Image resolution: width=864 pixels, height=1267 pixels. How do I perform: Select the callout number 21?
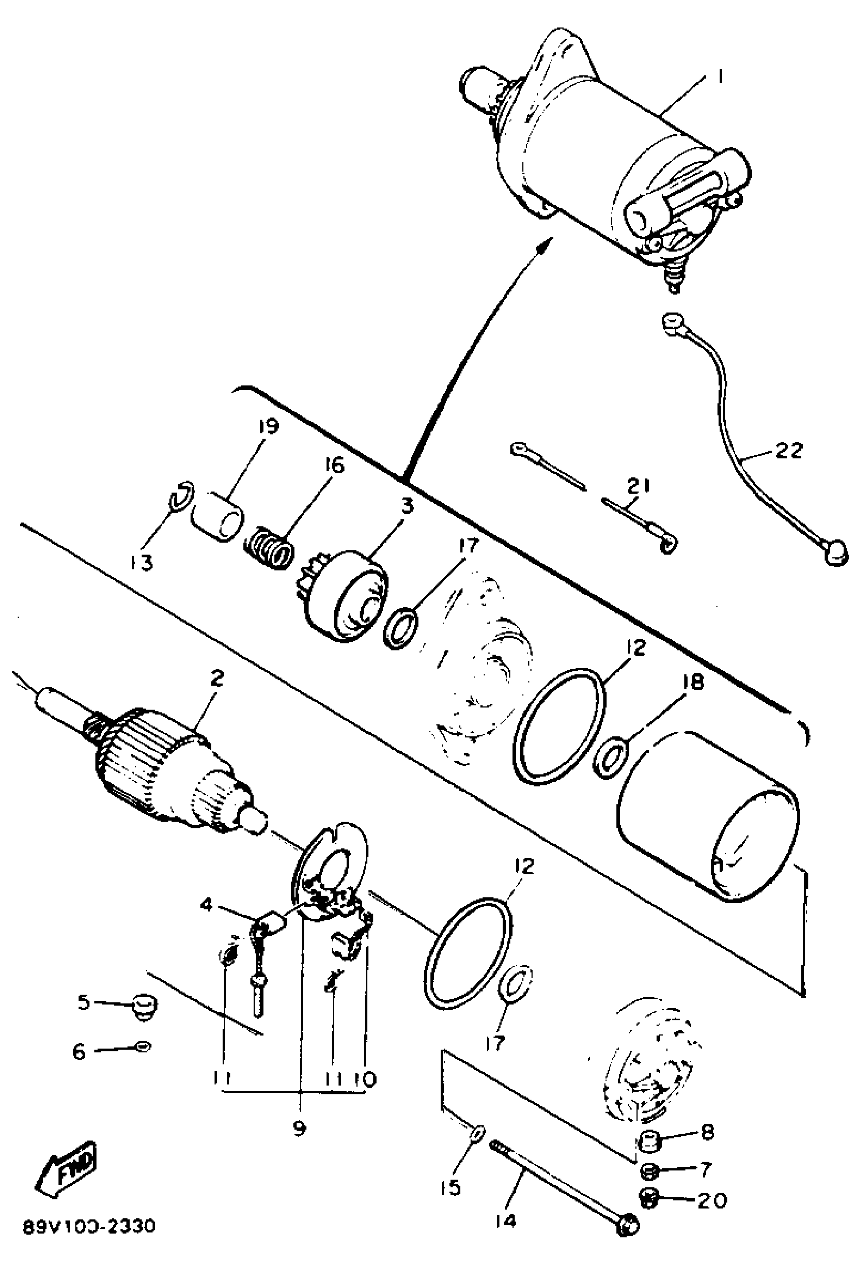(x=638, y=485)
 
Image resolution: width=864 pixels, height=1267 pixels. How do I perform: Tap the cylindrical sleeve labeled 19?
(x=218, y=516)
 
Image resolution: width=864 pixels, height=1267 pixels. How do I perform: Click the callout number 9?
(x=299, y=1124)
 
